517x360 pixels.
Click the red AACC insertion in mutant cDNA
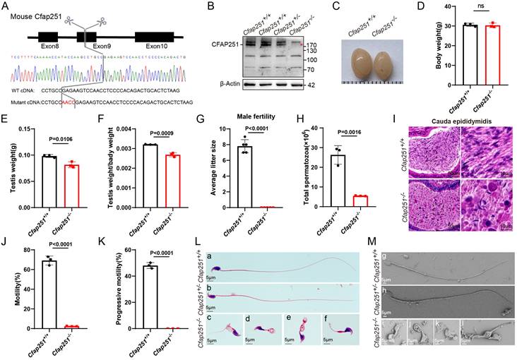tap(67, 102)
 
